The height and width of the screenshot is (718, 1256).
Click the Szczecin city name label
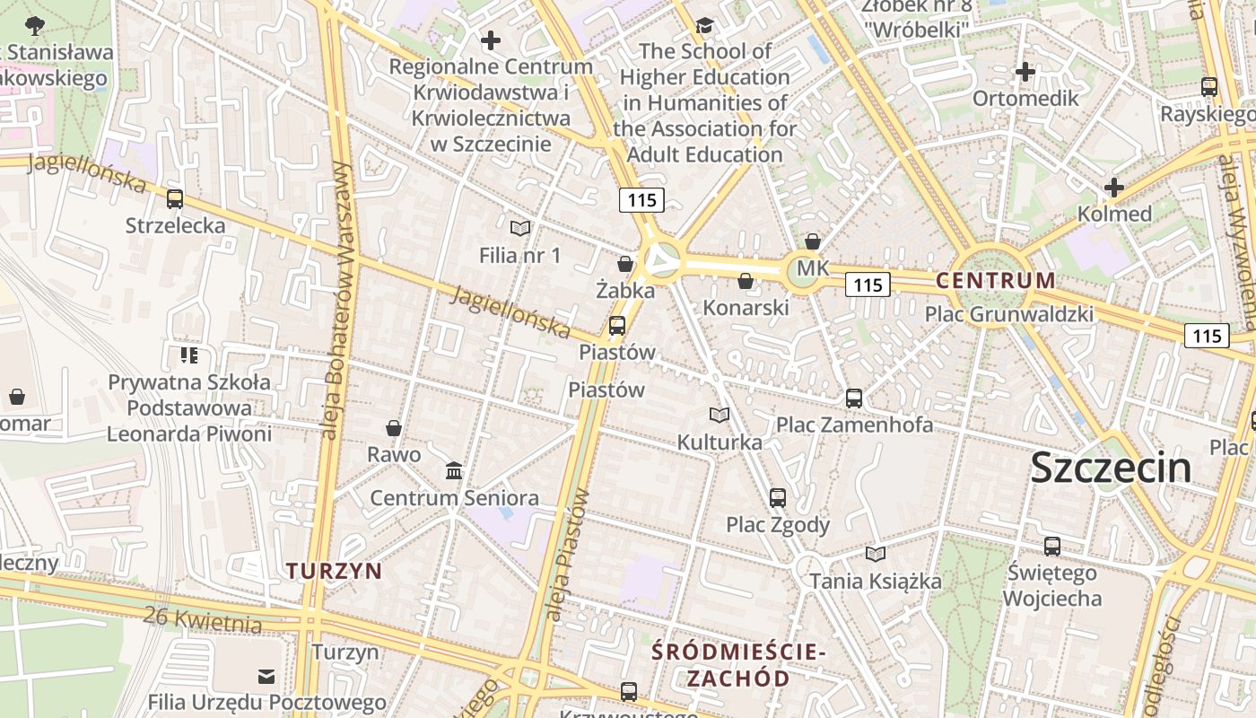pos(1111,468)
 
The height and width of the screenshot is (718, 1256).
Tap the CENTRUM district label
pos(996,280)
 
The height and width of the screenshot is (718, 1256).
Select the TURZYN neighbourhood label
pos(334,571)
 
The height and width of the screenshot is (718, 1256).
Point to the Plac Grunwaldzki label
pos(1009,314)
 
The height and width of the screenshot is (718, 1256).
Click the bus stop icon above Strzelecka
pos(175,199)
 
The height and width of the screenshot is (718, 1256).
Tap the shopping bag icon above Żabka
pos(625,264)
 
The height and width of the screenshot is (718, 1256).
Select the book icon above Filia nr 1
pos(520,228)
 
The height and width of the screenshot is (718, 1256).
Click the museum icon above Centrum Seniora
pos(454,470)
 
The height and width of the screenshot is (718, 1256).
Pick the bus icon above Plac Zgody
pos(778,497)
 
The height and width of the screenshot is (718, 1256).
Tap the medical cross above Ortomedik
pos(1025,71)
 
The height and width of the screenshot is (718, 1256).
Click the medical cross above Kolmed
pos(1114,188)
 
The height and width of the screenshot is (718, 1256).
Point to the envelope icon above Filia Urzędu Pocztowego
pos(266,676)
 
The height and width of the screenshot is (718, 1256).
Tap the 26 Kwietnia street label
pos(203,619)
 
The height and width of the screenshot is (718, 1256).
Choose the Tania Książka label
pos(876,582)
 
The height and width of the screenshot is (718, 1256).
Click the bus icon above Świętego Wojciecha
pos(1052,546)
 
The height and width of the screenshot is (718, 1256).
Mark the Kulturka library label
pos(720,442)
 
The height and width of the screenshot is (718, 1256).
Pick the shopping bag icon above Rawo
pos(394,428)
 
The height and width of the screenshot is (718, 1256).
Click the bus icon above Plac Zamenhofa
pos(854,398)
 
